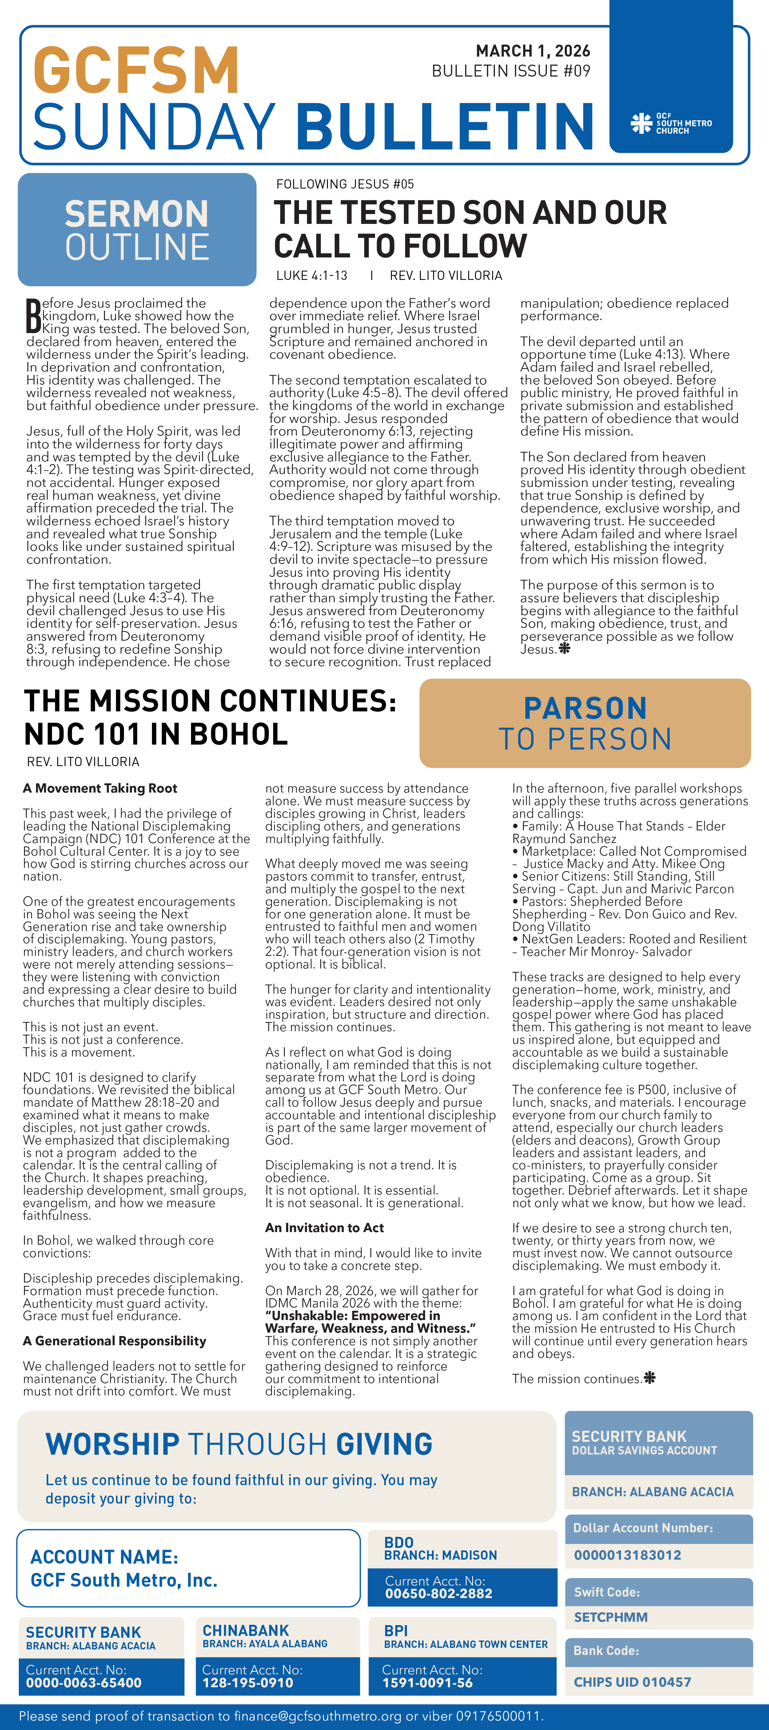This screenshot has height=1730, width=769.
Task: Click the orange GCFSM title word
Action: (x=136, y=70)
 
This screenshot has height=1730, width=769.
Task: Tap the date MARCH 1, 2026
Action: (x=532, y=51)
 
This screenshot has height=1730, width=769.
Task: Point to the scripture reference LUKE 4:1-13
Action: (x=312, y=275)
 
